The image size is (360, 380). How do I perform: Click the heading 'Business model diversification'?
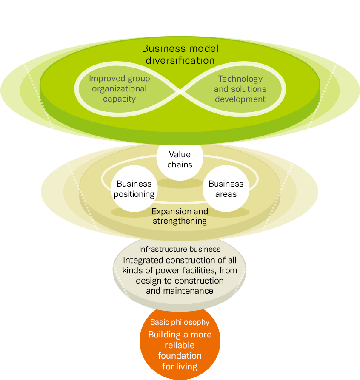[x=180, y=54]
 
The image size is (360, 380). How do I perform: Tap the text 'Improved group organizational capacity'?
[x=119, y=89]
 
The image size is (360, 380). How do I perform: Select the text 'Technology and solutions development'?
[x=240, y=89]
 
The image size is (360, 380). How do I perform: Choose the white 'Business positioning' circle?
[x=134, y=189]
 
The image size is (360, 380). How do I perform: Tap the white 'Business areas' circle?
[x=226, y=189]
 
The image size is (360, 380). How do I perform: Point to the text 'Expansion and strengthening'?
[x=180, y=216]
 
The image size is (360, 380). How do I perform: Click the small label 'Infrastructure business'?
[x=180, y=249]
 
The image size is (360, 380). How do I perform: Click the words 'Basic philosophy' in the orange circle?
[x=180, y=322]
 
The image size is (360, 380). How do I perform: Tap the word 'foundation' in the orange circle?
[x=180, y=355]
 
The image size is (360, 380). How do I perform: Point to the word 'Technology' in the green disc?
[x=240, y=79]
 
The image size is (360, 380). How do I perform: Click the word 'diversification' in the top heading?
[x=180, y=60]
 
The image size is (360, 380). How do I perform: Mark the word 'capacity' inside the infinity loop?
[x=119, y=99]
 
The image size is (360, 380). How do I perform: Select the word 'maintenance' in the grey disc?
[x=180, y=291]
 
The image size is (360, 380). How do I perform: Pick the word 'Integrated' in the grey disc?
[x=143, y=260]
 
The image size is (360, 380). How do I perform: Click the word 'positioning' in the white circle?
[x=134, y=194]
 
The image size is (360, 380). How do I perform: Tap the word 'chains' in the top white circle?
[x=180, y=164]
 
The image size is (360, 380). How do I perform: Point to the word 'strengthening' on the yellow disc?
[x=180, y=221]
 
